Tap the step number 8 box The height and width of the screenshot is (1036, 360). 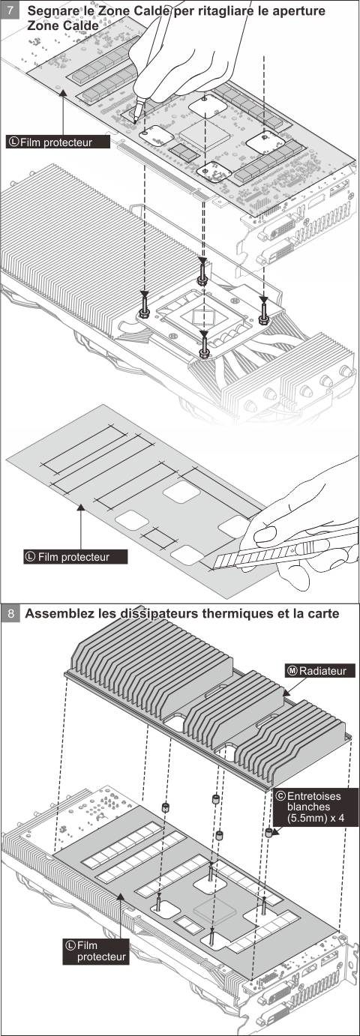[x=10, y=614]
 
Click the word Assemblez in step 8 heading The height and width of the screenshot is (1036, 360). [x=60, y=613]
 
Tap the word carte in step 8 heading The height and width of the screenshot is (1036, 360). [x=322, y=613]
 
